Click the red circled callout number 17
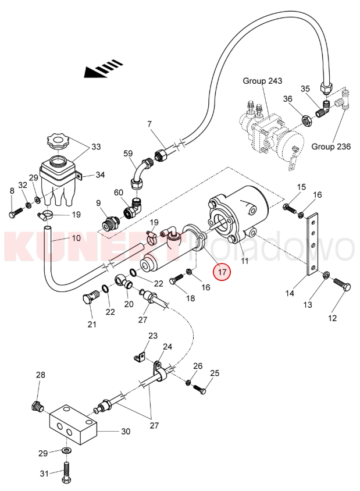tap(222, 271)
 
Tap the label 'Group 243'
tap(262, 81)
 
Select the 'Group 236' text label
tap(330, 146)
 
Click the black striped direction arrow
tap(102, 70)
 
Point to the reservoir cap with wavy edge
tap(58, 141)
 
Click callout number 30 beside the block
tap(125, 431)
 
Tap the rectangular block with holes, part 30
tap(73, 428)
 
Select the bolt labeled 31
tap(66, 469)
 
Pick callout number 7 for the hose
tap(149, 124)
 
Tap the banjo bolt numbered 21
tap(88, 298)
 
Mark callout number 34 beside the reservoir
tap(100, 175)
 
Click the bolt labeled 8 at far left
tap(14, 214)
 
